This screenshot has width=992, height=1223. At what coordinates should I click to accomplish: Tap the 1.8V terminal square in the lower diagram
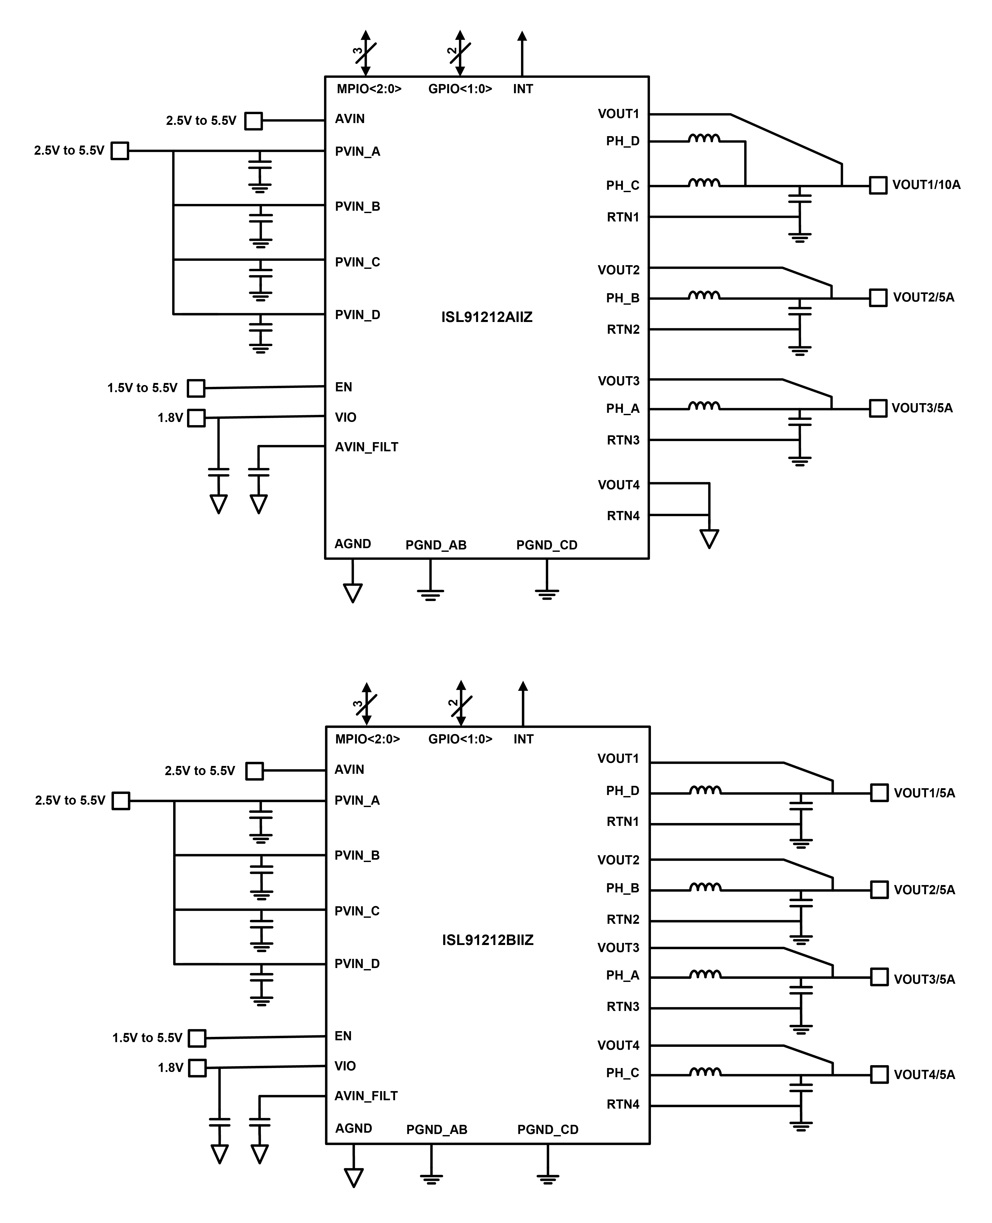pyautogui.click(x=197, y=1068)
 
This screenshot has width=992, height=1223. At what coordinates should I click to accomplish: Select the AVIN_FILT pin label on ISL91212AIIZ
pyautogui.click(x=366, y=447)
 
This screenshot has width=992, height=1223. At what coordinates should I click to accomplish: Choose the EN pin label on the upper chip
pyautogui.click(x=343, y=387)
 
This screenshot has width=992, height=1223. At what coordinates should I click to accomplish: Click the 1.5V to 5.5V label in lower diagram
pyautogui.click(x=147, y=1037)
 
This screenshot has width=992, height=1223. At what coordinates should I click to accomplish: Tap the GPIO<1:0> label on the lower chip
pyautogui.click(x=460, y=739)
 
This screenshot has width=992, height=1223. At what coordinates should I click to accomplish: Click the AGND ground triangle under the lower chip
pyautogui.click(x=354, y=1177)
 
